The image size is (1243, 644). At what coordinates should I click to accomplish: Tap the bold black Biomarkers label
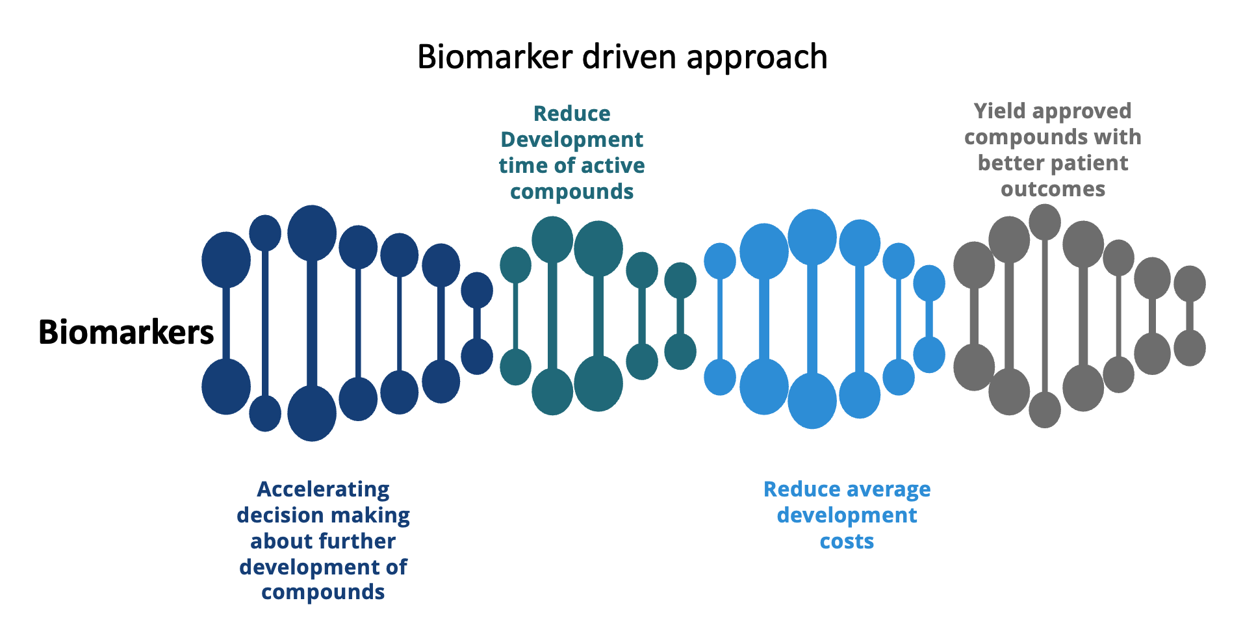click(x=126, y=332)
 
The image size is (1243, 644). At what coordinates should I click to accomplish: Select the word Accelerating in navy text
click(x=323, y=489)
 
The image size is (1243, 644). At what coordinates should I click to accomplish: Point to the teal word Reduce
click(x=572, y=114)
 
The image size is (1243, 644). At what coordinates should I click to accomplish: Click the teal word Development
click(x=572, y=140)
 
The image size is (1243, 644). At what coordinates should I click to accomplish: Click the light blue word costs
click(x=847, y=541)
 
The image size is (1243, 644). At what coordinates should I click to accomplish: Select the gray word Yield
click(x=1000, y=111)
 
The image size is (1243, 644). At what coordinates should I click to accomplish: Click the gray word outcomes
click(x=1053, y=189)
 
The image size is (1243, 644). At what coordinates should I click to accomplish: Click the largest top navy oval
click(x=312, y=233)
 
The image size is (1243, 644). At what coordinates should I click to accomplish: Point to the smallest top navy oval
click(x=477, y=290)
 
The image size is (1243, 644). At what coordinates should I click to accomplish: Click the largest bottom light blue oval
click(x=812, y=400)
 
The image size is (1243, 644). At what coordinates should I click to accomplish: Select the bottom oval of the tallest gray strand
click(x=1045, y=409)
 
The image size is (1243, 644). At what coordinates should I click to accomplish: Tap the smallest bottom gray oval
click(x=1190, y=348)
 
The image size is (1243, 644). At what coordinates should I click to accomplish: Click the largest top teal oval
click(x=598, y=248)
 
